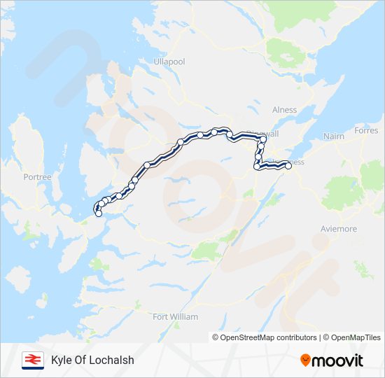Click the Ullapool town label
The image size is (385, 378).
point(169,62)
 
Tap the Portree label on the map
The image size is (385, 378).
point(37,177)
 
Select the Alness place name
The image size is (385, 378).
point(285,110)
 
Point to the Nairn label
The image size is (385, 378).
point(334,136)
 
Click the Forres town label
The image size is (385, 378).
point(365,130)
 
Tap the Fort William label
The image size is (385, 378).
point(175,316)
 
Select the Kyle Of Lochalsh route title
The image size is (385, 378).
point(92,360)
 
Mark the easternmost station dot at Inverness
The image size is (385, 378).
point(288,166)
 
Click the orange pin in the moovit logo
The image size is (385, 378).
point(305,360)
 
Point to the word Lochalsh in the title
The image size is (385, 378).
point(112,360)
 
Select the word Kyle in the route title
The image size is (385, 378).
point(62,360)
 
